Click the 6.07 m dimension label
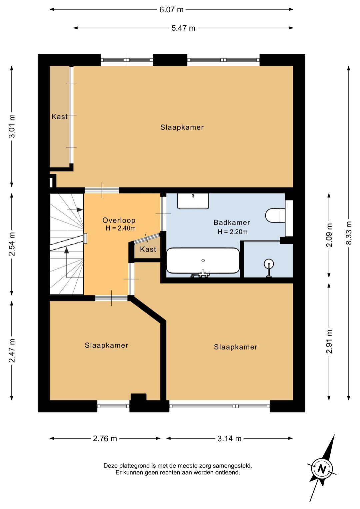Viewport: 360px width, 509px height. tap(171, 10)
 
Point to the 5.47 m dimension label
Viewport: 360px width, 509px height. tap(183, 28)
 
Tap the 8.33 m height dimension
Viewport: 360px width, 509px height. tap(349, 233)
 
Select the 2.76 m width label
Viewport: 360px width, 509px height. tap(105, 438)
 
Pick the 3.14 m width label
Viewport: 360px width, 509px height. tap(229, 438)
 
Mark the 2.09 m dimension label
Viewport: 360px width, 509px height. tap(329, 235)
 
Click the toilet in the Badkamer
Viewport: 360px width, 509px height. tap(275, 215)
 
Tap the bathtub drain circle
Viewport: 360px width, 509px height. tap(203, 261)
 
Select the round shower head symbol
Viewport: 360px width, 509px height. tap(269, 264)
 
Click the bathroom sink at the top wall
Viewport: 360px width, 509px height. tap(193, 201)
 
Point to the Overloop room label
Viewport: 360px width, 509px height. tap(119, 220)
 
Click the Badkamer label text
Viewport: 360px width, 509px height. tap(232, 222)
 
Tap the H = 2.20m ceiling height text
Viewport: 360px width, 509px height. tap(232, 232)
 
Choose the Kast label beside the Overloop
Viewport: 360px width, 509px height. tap(148, 249)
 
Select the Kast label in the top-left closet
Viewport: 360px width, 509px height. tap(59, 116)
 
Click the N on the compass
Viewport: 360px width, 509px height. tap(321, 469)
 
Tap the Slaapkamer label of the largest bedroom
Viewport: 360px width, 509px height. tap(182, 127)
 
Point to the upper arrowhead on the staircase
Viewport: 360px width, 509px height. tap(79, 209)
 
